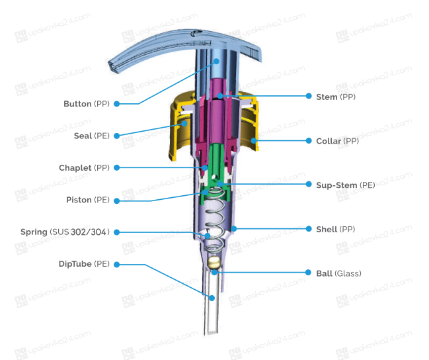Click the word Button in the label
pos(77,104)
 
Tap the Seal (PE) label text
pos(92,136)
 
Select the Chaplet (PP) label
pos(84,167)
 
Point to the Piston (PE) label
pos(88,200)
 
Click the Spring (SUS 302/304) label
pos(65,232)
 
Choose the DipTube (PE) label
pos(84,264)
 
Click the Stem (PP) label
pos(336,97)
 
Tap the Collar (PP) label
pos(337,141)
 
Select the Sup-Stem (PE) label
pos(346,185)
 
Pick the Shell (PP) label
pos(335,230)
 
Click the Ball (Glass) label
pos(338,273)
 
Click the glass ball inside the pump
pos(214,262)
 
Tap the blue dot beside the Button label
pos(117,104)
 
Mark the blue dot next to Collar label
pos(309,140)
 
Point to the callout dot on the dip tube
pos(212,298)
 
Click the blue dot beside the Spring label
pos(117,232)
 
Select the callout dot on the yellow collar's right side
pos(254,140)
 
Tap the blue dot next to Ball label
pos(308,273)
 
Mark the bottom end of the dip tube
pos(212,333)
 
